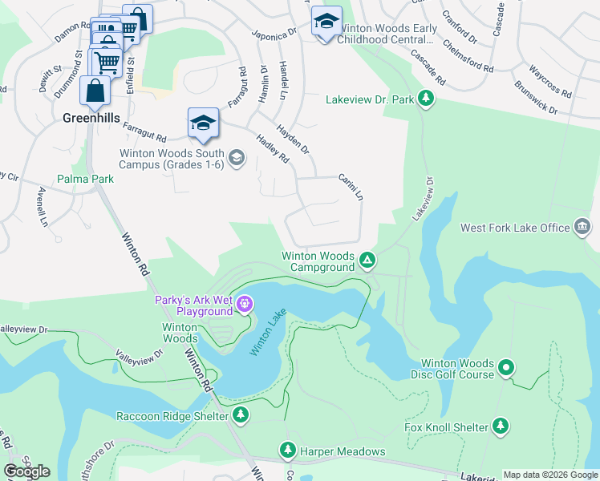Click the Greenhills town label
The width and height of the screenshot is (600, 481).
[x=91, y=118]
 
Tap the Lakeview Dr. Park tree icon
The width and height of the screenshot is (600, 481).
[x=427, y=100]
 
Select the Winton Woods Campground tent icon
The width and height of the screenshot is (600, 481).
[x=367, y=260]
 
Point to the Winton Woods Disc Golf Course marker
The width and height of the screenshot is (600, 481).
[x=505, y=368]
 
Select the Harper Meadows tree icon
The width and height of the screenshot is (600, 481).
[x=288, y=451]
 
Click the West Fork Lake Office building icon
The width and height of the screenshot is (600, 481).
[x=582, y=228]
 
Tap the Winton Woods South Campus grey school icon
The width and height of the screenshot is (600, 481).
[x=236, y=157]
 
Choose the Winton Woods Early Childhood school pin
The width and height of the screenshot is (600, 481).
[x=326, y=22]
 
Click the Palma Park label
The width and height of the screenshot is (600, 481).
[x=84, y=179]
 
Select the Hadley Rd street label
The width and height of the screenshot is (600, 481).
[x=272, y=149]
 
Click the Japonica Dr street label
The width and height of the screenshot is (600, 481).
[x=274, y=31]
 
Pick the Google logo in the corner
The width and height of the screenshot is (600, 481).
[x=26, y=471]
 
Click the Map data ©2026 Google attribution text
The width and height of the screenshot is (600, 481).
[x=549, y=475]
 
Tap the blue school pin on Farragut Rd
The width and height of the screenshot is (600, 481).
[x=203, y=123]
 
